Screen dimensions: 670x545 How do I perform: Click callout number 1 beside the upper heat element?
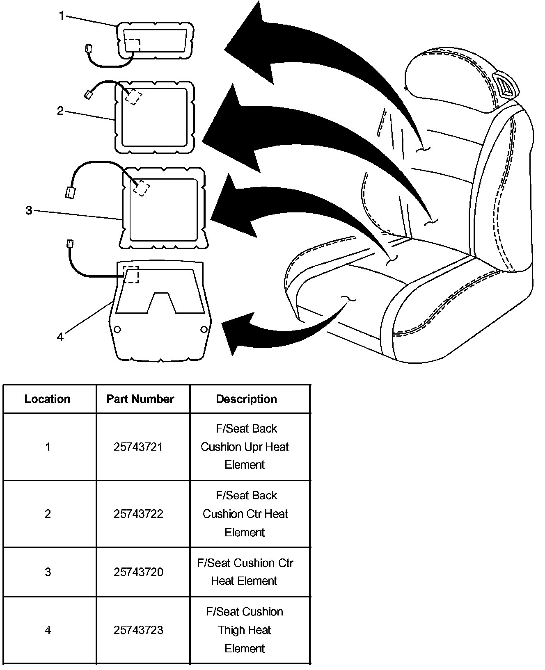[x=62, y=16]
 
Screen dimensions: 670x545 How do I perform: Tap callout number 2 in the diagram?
[x=60, y=111]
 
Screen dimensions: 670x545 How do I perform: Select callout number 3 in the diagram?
[x=29, y=210]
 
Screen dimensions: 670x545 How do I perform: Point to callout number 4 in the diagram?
[x=60, y=337]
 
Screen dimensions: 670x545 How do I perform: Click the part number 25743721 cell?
[x=138, y=447]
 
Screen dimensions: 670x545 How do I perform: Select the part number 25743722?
[x=138, y=514]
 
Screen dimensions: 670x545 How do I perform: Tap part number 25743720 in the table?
[x=138, y=572]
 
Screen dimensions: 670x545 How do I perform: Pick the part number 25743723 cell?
[x=138, y=630]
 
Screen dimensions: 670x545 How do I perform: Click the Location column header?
[x=48, y=399]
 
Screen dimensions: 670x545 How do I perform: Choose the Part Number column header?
[x=140, y=399]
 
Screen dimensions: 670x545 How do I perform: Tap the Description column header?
[x=246, y=399]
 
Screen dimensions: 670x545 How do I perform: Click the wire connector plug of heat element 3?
[x=71, y=192]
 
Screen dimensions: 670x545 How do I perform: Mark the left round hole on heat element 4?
[x=117, y=329]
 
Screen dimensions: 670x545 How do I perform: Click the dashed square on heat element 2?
[x=133, y=97]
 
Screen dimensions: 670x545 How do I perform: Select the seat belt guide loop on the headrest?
[x=504, y=85]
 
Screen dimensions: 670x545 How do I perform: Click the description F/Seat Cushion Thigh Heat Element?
[x=245, y=630]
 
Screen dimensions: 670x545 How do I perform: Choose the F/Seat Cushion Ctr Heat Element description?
[x=245, y=572]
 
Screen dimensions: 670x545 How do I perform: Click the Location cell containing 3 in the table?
[x=48, y=572]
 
